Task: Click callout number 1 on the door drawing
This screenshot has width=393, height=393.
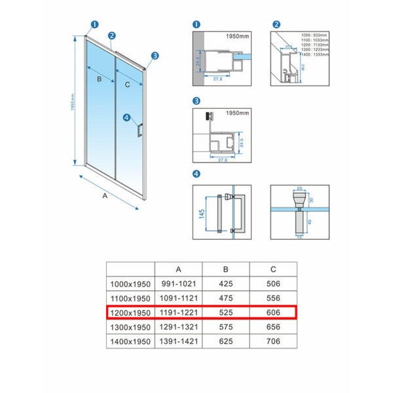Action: [x=94, y=24]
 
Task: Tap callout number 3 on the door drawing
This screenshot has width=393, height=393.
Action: [x=155, y=56]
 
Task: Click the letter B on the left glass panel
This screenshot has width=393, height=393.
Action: [x=99, y=79]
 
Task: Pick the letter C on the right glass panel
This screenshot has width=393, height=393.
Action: [x=127, y=84]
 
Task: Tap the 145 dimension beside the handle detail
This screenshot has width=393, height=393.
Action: [x=202, y=214]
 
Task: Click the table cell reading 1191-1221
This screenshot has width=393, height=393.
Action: [x=179, y=312]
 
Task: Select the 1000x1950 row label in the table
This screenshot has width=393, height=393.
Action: [x=130, y=283]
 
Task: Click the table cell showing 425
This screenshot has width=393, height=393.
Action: [x=225, y=283]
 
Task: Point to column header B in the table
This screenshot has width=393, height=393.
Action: [x=225, y=269]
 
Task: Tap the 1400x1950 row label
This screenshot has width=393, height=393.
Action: [x=130, y=341]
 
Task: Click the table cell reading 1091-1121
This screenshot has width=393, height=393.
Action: [x=179, y=297]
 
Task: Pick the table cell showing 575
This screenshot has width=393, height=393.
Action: [x=225, y=326]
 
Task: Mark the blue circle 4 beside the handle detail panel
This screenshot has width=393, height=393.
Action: [x=196, y=174]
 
